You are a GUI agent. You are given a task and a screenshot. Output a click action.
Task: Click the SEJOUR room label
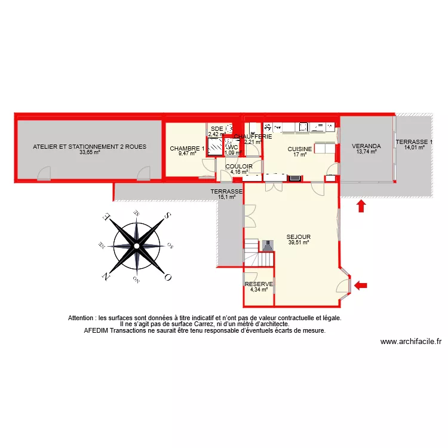point(298,237)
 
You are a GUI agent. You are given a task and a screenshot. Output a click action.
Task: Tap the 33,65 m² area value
point(90,152)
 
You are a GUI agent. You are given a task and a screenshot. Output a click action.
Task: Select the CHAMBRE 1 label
point(187,149)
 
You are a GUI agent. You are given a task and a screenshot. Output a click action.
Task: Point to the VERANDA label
point(366,146)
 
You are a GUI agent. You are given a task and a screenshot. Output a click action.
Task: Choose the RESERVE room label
point(259,284)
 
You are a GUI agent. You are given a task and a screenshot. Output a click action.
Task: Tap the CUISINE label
point(299,149)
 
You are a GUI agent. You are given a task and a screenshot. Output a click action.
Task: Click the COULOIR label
point(239,167)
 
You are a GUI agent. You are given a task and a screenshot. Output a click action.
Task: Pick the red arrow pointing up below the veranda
point(361,207)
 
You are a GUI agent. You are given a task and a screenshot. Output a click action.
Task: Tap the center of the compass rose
point(137,244)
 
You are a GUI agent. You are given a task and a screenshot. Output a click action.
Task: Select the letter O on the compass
point(168,277)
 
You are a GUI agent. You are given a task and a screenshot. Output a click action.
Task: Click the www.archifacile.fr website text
point(410,342)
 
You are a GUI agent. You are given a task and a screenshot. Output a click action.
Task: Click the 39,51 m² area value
point(298,243)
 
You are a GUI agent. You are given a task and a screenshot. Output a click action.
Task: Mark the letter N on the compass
point(105,276)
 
